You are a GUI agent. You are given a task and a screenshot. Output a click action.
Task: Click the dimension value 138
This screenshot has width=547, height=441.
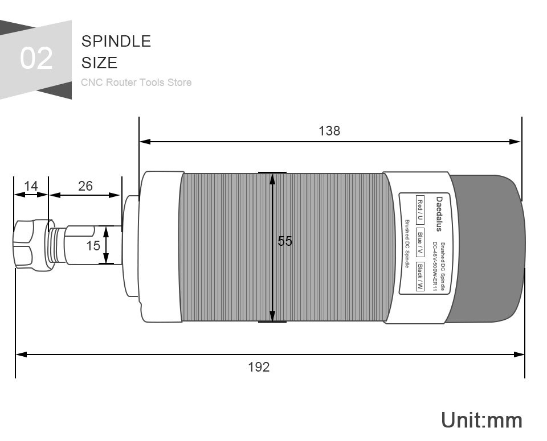[x=329, y=131]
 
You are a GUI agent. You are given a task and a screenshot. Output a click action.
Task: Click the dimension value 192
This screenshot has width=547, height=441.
[x=259, y=367]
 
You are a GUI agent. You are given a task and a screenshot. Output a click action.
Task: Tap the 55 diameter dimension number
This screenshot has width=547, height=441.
[x=285, y=241]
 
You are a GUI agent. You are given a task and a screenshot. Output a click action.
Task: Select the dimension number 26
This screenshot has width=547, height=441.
[x=85, y=186]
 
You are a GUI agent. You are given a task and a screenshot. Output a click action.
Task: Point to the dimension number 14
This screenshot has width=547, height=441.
[x=31, y=186]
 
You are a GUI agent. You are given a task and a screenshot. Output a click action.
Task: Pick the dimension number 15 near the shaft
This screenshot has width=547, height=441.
[x=93, y=246]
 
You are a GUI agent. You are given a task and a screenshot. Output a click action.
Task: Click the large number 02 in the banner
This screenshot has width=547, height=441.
[x=36, y=58]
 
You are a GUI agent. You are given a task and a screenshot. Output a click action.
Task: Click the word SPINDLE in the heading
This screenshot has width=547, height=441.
[x=116, y=41]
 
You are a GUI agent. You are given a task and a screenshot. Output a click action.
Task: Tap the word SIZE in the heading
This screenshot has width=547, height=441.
[x=99, y=63]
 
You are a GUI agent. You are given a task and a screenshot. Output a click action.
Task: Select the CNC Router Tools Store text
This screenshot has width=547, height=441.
[x=136, y=82]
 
